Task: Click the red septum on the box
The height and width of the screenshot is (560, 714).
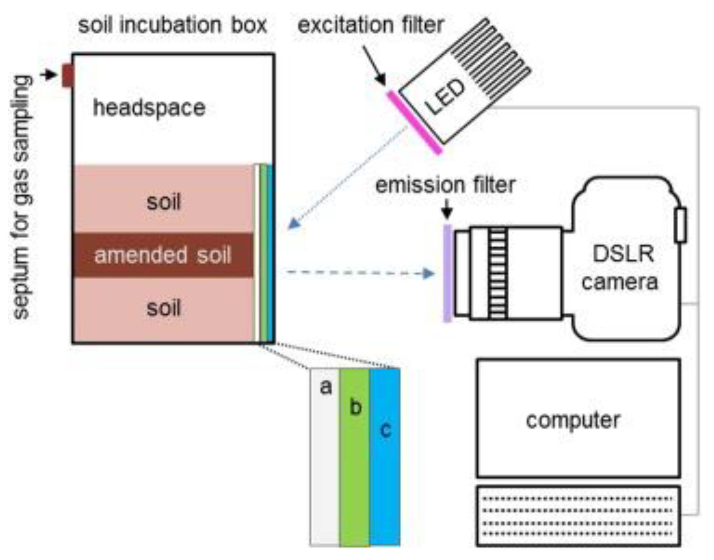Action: [67, 76]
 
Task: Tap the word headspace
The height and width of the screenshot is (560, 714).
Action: [149, 108]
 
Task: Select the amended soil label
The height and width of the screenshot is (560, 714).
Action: [163, 255]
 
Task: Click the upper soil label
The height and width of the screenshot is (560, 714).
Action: [164, 202]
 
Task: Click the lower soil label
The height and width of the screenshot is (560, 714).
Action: [164, 308]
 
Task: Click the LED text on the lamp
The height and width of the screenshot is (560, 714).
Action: [445, 97]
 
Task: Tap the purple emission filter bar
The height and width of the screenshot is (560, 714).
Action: [447, 274]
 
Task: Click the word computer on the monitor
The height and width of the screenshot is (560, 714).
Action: [573, 420]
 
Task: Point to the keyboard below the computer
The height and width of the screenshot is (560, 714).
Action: [578, 516]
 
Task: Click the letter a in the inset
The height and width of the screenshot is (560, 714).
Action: [326, 387]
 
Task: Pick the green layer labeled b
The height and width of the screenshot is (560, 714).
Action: [355, 459]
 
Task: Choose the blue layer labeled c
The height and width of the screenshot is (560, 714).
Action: [385, 459]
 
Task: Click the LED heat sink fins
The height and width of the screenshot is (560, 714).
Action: [492, 62]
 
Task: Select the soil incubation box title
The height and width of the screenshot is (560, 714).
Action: [172, 25]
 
